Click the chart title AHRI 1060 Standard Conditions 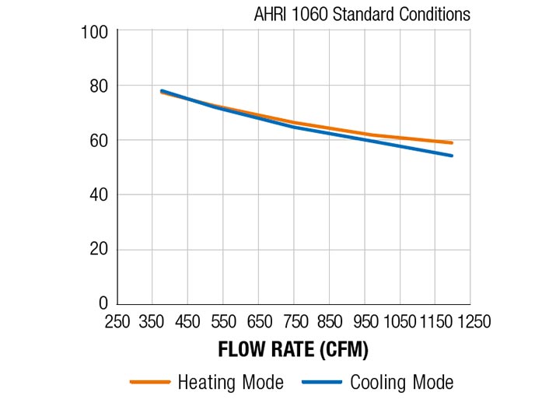[x=362, y=15]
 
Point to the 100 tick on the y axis [x=96, y=33]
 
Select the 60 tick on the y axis [x=100, y=141]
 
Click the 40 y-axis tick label [x=100, y=195]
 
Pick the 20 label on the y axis [x=100, y=250]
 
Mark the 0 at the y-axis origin [x=104, y=303]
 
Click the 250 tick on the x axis [x=118, y=321]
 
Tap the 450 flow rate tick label [x=188, y=321]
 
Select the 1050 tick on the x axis [x=400, y=321]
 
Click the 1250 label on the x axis [x=470, y=321]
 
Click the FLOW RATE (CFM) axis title [x=292, y=350]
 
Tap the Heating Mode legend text [x=230, y=382]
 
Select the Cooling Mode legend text [x=401, y=382]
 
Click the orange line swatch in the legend [x=149, y=383]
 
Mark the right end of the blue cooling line [x=452, y=156]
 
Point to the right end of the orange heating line [x=452, y=143]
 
